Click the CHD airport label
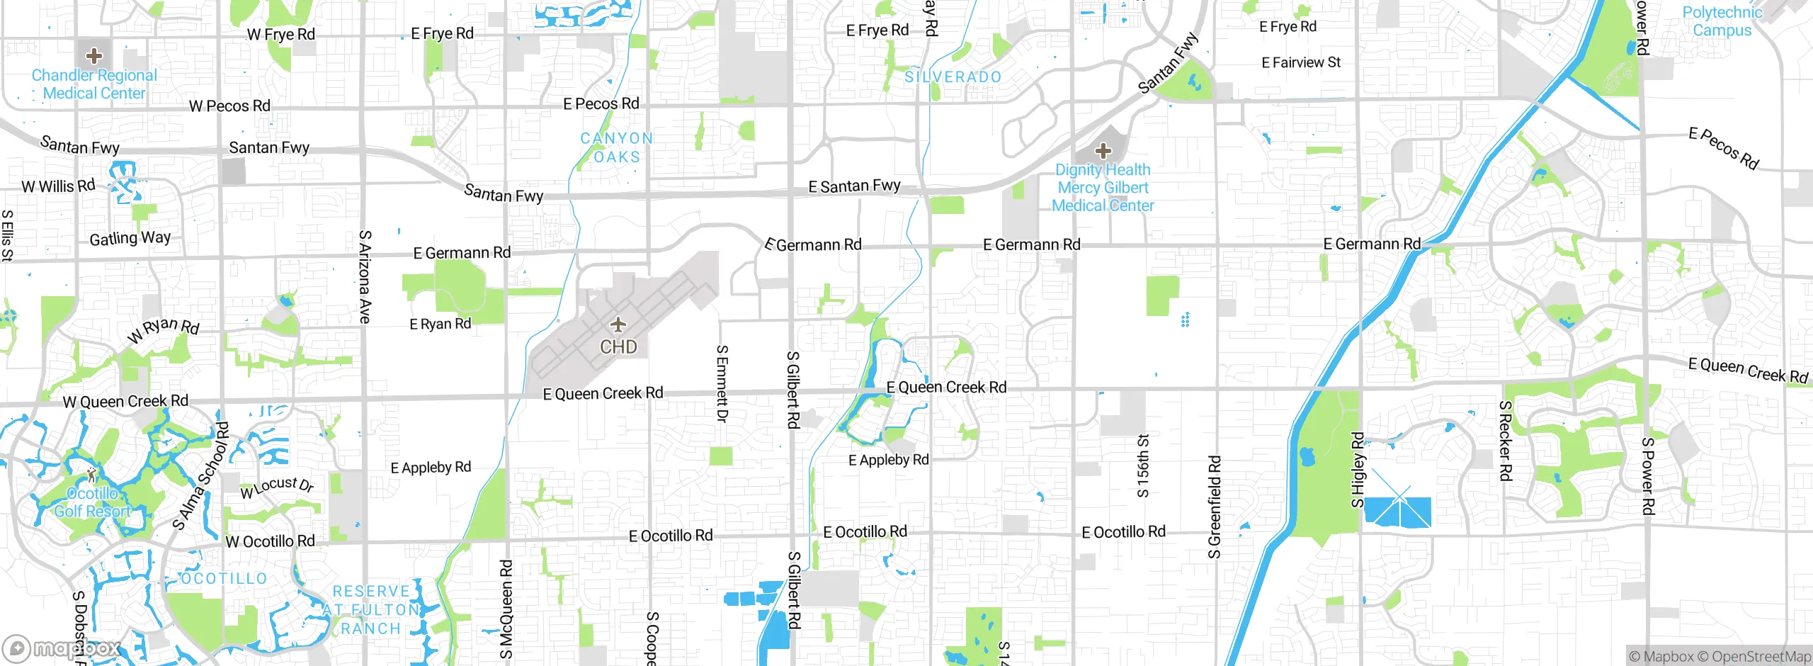618,347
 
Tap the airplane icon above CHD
618,325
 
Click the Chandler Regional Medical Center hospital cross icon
93,55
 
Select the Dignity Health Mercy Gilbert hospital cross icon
1103,151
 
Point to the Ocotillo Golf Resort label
93,502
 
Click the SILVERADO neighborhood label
953,77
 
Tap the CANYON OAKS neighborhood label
616,147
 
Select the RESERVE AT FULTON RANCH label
371,610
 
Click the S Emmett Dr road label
722,383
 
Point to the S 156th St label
1142,465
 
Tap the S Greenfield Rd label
1215,507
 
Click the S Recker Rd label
1506,440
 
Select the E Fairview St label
1300,62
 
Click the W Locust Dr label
277,487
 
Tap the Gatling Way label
130,238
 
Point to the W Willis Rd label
58,186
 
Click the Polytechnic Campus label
1722,21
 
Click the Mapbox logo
61,648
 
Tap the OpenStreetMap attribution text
1759,657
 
